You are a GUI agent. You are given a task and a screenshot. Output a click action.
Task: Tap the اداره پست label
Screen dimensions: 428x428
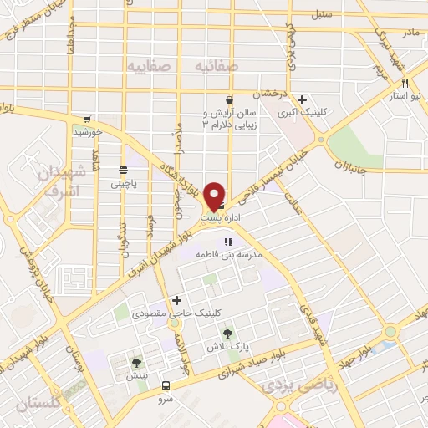pyautogui.click(x=221, y=217)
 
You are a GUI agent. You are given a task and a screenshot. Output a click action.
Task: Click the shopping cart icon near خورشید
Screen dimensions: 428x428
pyautogui.click(x=87, y=119)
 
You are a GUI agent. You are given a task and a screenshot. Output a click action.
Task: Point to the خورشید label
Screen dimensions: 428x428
pyautogui.click(x=87, y=132)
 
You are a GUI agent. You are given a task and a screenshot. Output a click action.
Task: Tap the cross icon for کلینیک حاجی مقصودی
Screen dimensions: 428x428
pyautogui.click(x=176, y=299)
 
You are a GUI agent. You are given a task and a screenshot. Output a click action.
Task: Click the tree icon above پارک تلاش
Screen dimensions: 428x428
pyautogui.click(x=227, y=333)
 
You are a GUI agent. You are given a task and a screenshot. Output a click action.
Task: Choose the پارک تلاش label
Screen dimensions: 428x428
pyautogui.click(x=227, y=346)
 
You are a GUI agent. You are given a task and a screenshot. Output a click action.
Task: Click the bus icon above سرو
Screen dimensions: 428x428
pyautogui.click(x=166, y=386)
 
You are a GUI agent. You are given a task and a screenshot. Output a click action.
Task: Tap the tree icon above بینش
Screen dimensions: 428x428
pyautogui.click(x=136, y=364)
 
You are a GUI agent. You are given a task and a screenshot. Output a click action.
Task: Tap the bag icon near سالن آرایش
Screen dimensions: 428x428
pyautogui.click(x=205, y=99)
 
